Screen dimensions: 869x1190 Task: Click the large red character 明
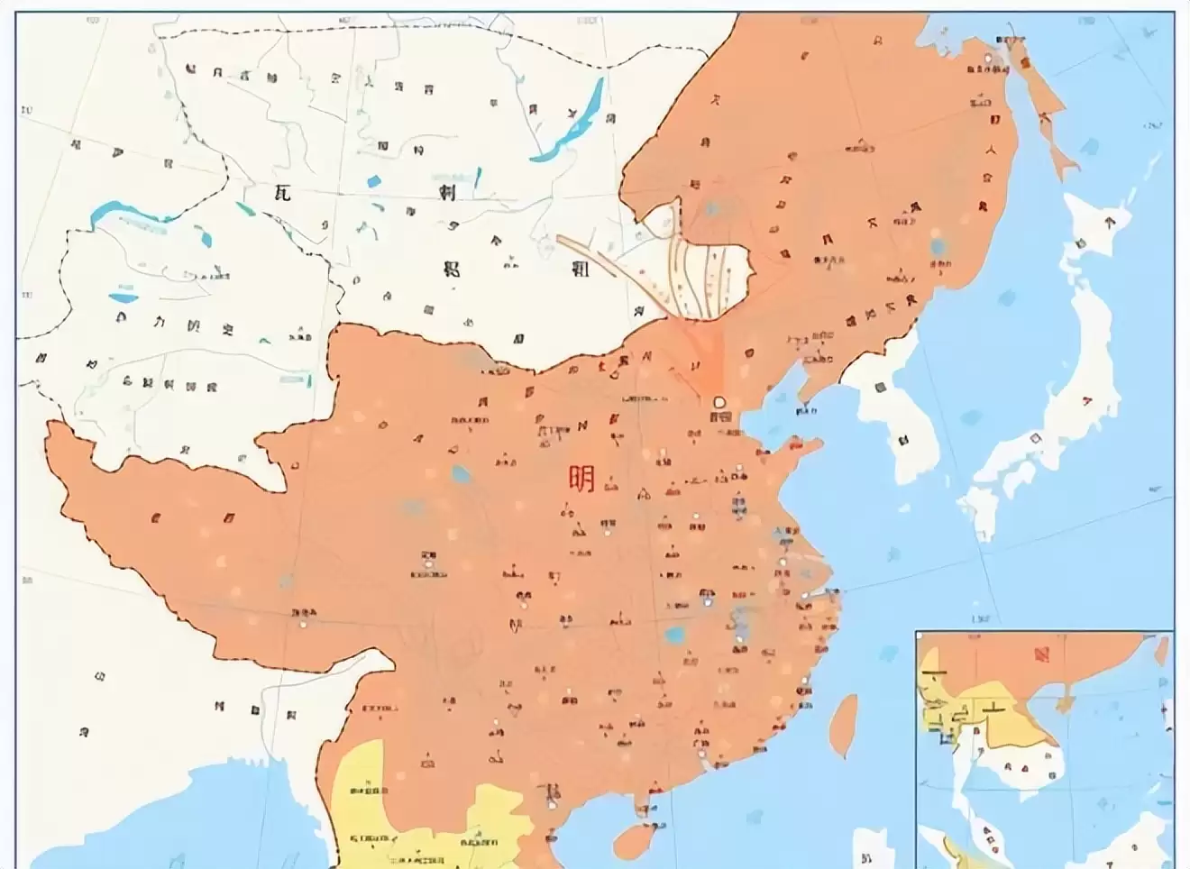581,479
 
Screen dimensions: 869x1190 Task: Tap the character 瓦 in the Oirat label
282,192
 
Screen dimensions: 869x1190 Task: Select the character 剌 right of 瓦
447,193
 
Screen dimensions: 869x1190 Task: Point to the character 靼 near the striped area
580,267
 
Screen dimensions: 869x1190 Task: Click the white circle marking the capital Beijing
719,401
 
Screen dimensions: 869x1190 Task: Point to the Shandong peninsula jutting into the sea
793,451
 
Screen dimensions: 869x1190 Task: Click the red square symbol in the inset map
1042,652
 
